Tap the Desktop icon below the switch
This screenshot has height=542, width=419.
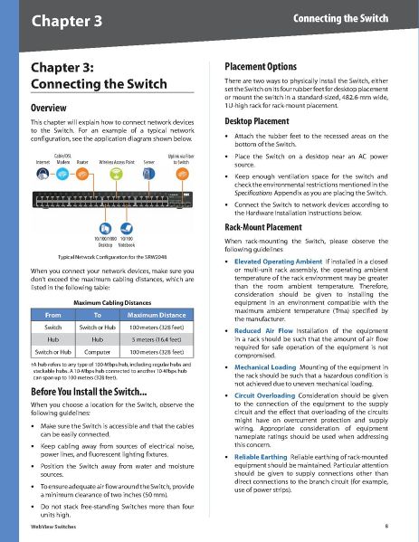(105, 228)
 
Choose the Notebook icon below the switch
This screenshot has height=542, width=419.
(125, 228)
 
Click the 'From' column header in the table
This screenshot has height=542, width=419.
(52, 314)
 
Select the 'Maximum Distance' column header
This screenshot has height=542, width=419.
(157, 314)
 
